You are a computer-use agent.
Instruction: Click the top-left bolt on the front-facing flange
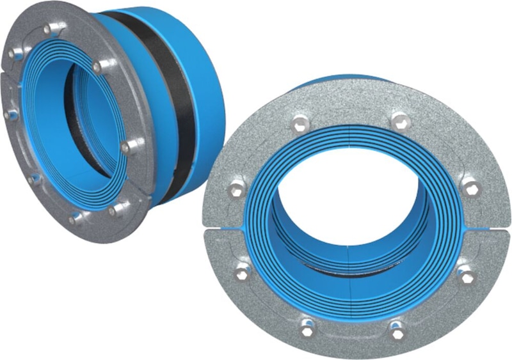[299, 121]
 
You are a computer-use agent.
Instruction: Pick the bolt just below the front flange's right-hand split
[467, 275]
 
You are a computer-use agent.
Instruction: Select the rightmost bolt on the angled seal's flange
[125, 147]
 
